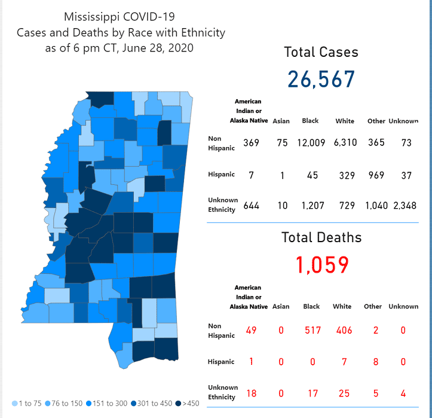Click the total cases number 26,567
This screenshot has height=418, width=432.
(x=321, y=79)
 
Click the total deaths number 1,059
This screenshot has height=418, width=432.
(x=321, y=264)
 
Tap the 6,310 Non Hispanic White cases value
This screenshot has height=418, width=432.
(x=344, y=144)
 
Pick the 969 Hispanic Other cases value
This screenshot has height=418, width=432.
(x=376, y=175)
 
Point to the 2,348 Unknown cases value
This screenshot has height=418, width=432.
(x=403, y=206)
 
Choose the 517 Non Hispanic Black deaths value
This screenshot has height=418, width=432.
(x=311, y=330)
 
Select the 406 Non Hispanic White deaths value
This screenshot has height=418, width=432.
(x=342, y=330)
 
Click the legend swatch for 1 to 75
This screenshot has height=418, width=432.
(x=15, y=403)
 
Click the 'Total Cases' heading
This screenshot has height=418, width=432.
(x=321, y=52)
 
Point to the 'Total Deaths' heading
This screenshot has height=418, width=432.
(x=321, y=237)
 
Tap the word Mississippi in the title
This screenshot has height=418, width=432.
(x=93, y=17)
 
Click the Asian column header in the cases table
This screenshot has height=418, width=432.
(x=281, y=121)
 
